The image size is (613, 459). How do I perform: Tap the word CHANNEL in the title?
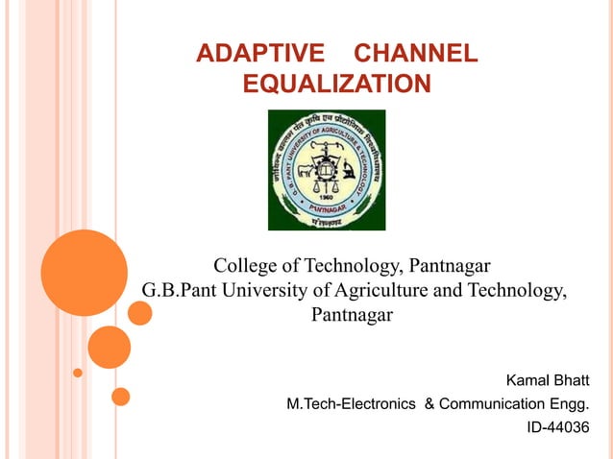(x=415, y=54)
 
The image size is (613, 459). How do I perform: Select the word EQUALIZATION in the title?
(x=336, y=85)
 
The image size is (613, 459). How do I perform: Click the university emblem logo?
(x=326, y=170)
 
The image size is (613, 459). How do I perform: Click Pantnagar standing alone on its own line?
(x=353, y=315)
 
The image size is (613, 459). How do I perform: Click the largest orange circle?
(x=85, y=273)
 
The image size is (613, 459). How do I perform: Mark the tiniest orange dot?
(x=78, y=373)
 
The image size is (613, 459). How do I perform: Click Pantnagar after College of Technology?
(x=450, y=265)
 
